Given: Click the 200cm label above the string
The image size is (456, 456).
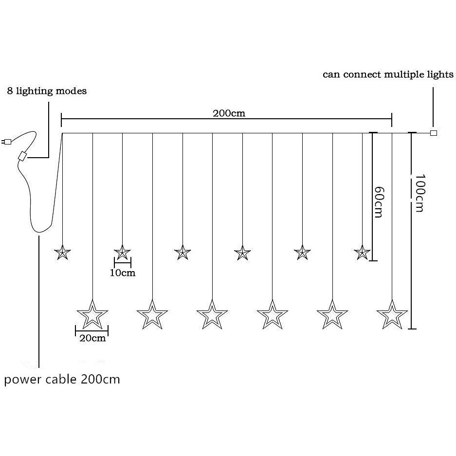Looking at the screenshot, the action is click(x=229, y=113).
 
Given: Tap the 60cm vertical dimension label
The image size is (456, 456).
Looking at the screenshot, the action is click(x=379, y=202).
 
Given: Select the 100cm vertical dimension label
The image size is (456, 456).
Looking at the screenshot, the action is click(x=420, y=193).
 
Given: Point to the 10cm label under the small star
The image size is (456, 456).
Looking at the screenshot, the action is click(x=123, y=273).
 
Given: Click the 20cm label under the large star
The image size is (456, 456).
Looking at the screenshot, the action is click(x=92, y=338).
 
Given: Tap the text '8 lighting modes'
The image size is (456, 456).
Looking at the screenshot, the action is click(x=47, y=91).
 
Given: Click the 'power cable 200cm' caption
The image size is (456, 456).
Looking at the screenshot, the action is click(x=62, y=380).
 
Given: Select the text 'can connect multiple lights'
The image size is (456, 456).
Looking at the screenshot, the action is click(x=388, y=75).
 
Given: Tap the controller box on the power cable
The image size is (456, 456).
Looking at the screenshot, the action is click(x=22, y=156).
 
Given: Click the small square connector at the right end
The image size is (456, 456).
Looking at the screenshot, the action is click(x=433, y=133).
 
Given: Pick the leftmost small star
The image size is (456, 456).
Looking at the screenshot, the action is click(x=62, y=253).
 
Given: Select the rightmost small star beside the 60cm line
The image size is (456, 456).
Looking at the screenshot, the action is click(x=362, y=253).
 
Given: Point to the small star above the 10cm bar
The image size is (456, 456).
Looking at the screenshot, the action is click(x=122, y=253).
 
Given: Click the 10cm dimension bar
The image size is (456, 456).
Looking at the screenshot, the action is click(x=123, y=262).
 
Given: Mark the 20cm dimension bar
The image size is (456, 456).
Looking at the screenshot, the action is click(x=92, y=331).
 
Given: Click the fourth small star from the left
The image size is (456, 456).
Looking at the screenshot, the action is click(x=242, y=253).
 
